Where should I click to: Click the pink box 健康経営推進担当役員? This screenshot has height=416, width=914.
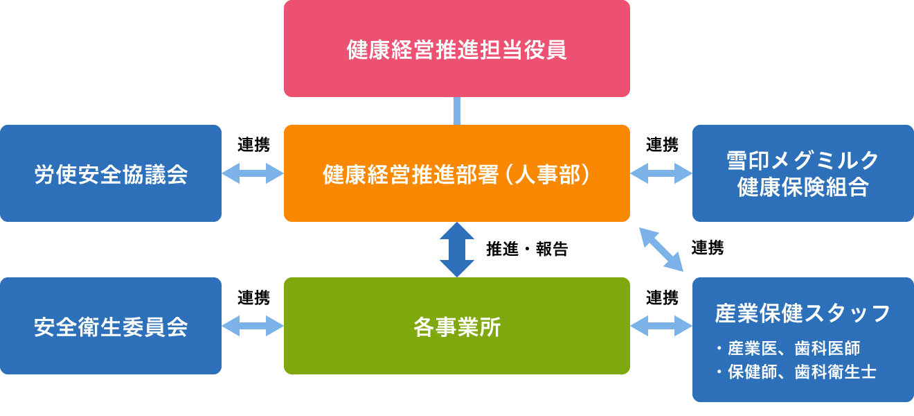457,49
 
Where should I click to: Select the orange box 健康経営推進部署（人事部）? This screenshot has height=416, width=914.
457,173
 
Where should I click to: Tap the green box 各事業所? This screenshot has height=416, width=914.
457,326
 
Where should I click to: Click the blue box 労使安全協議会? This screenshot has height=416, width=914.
111,173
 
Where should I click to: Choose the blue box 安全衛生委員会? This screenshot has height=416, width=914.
111,326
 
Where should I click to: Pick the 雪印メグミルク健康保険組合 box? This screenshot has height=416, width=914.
803,173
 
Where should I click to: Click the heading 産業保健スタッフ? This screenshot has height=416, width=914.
803,314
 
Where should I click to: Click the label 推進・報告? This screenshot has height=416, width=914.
527,250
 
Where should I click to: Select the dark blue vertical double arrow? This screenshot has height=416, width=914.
457,250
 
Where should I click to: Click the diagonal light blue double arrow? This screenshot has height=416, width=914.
661,249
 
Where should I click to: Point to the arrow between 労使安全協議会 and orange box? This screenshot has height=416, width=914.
253,173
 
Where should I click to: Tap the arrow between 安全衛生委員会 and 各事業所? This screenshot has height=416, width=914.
253,326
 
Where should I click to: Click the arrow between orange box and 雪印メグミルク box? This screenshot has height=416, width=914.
661,173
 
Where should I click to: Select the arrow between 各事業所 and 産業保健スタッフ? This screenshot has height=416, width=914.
661,326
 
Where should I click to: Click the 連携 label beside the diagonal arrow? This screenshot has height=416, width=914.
708,248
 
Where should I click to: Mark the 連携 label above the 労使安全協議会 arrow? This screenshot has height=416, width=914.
253,145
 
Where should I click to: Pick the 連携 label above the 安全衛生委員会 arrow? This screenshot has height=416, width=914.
253,297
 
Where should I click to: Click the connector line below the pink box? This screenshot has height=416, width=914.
457,111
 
